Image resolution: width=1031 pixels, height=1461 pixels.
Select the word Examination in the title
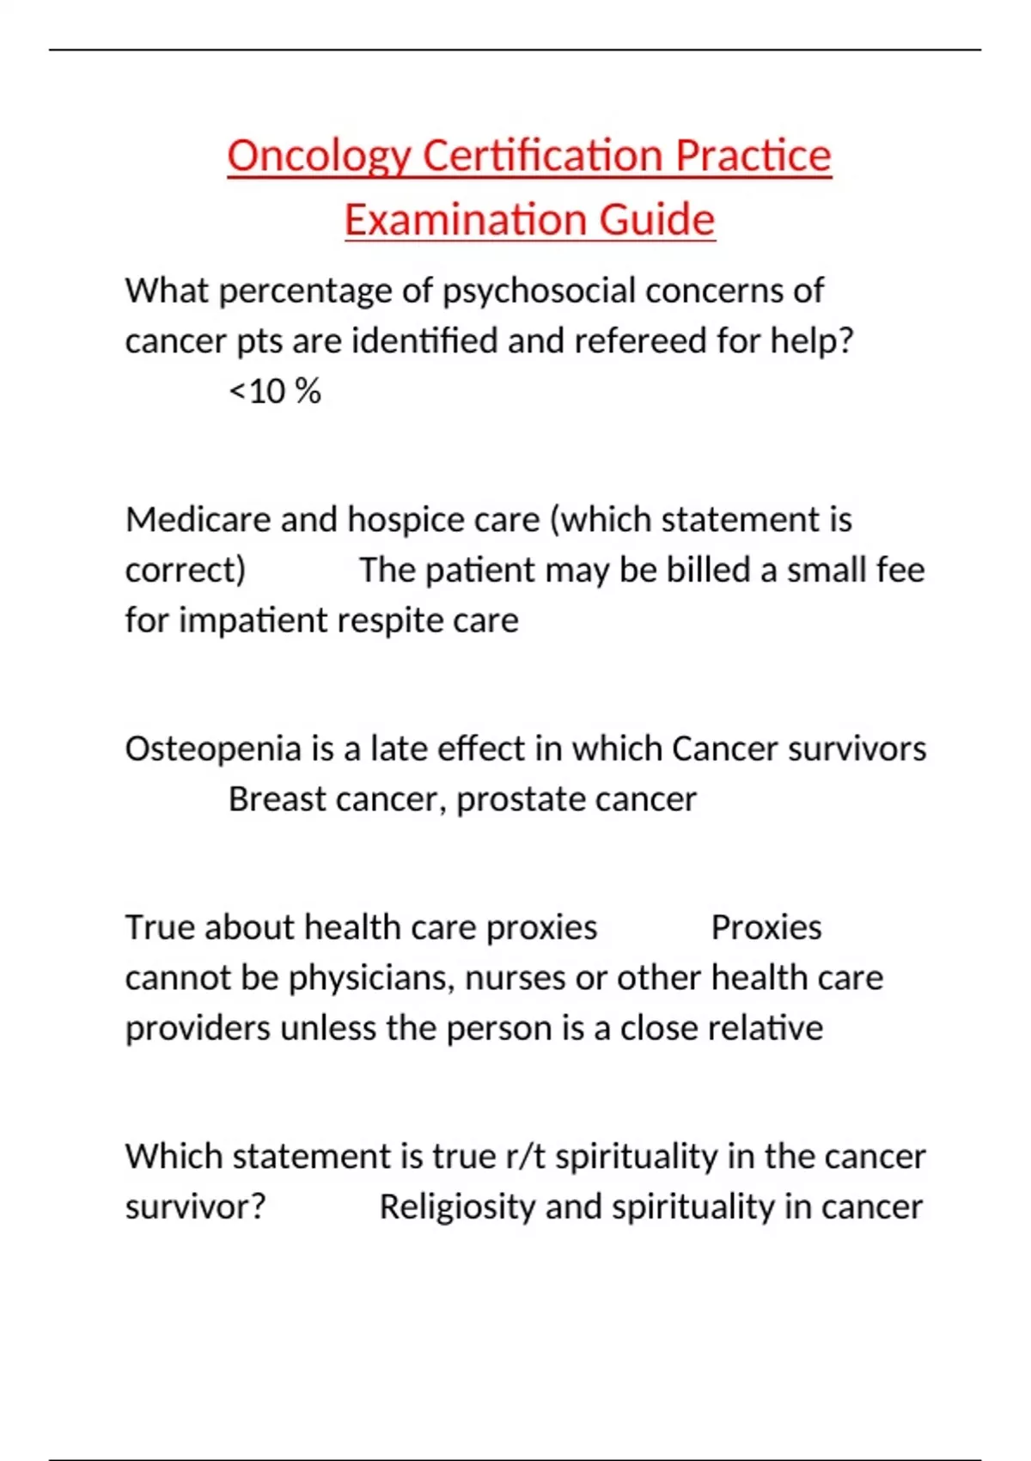tap(464, 220)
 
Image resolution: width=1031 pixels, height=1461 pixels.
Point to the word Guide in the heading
tap(656, 220)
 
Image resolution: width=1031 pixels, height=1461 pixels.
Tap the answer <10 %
tap(275, 392)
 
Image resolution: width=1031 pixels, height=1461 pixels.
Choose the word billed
tap(708, 570)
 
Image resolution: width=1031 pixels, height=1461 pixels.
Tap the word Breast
tap(277, 799)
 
